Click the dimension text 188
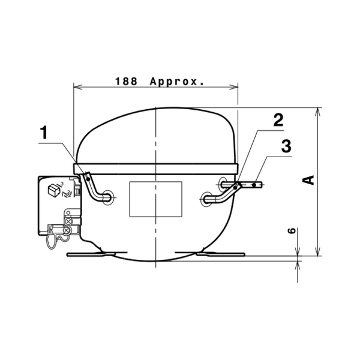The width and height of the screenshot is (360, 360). pos(126,81)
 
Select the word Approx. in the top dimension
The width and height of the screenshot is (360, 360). pos(177,82)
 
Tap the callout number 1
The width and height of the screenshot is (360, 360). pos(44,133)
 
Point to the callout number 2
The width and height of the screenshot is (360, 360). pos(278,120)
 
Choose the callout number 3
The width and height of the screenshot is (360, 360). pos(286,146)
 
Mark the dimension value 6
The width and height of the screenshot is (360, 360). pos(292,230)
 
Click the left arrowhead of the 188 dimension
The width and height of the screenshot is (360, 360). pos(78,87)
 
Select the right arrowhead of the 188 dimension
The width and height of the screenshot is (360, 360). pos(234,87)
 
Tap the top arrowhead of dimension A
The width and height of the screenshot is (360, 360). pos(318,112)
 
